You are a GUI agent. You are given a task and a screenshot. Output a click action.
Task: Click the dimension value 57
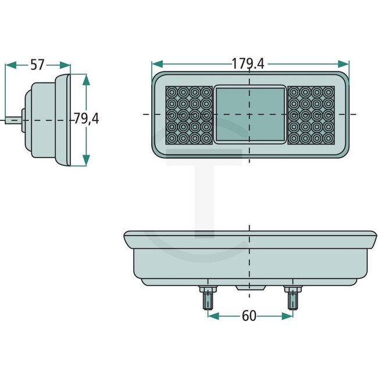(x=37, y=65)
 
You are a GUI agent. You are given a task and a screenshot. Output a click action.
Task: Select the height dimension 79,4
(x=86, y=119)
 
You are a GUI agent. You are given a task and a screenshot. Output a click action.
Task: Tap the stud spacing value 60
(x=249, y=316)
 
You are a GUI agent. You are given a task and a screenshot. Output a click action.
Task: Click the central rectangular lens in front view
(x=250, y=115)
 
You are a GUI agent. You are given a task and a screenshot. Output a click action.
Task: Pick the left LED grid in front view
(x=189, y=115)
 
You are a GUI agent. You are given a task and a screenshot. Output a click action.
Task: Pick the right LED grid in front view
(x=311, y=115)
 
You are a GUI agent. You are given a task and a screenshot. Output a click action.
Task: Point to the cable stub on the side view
(x=10, y=121)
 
